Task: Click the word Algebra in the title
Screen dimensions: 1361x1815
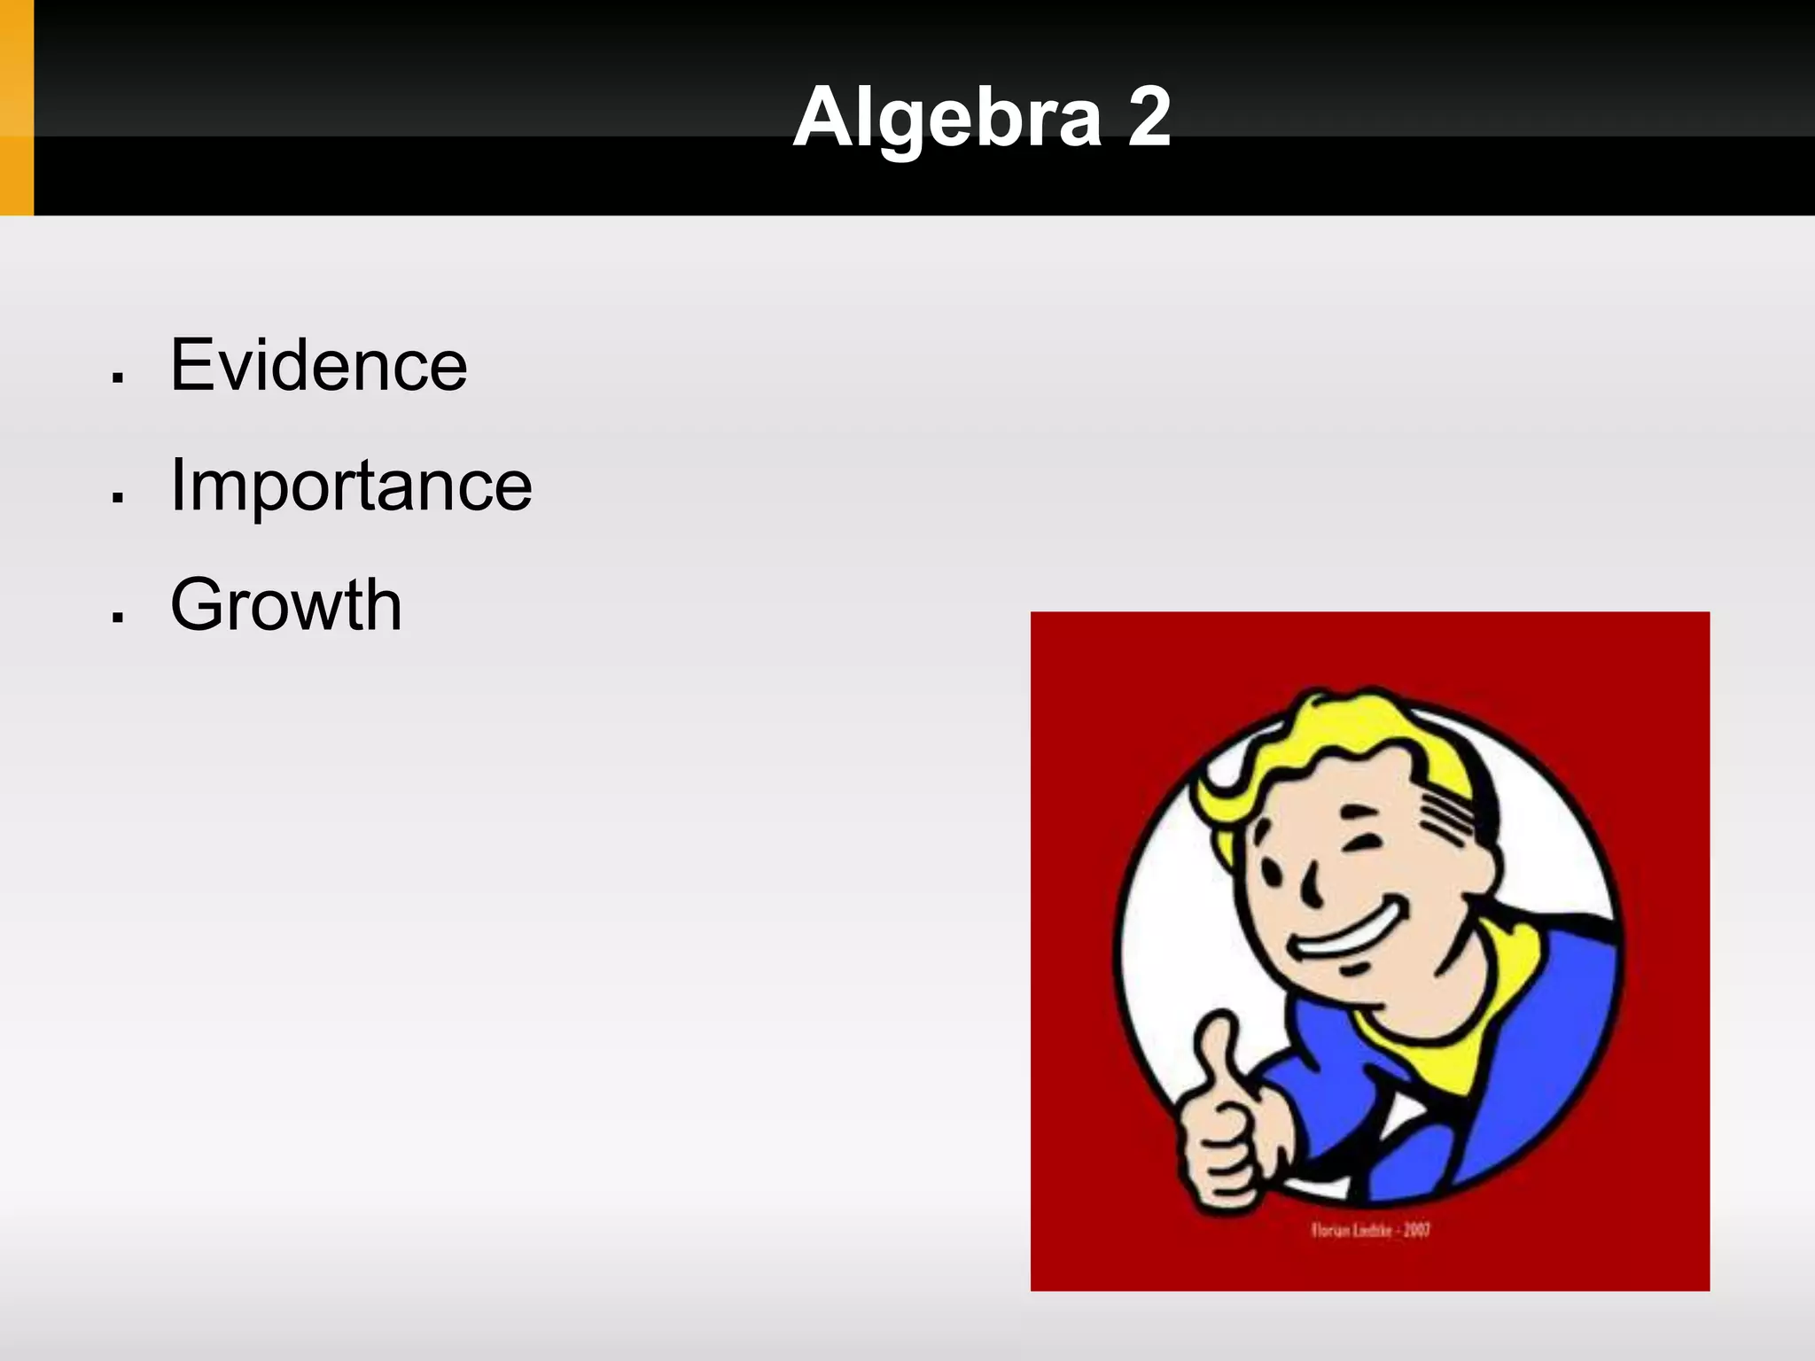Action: coord(946,119)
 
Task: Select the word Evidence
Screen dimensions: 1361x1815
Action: coord(318,365)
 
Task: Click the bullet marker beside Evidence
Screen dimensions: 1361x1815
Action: coord(117,378)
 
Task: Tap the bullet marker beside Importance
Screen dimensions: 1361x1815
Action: coord(117,498)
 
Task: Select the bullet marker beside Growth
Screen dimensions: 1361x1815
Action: coord(117,618)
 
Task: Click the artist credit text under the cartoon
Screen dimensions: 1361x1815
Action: coord(1370,1230)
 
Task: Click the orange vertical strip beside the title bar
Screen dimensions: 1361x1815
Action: coord(16,107)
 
